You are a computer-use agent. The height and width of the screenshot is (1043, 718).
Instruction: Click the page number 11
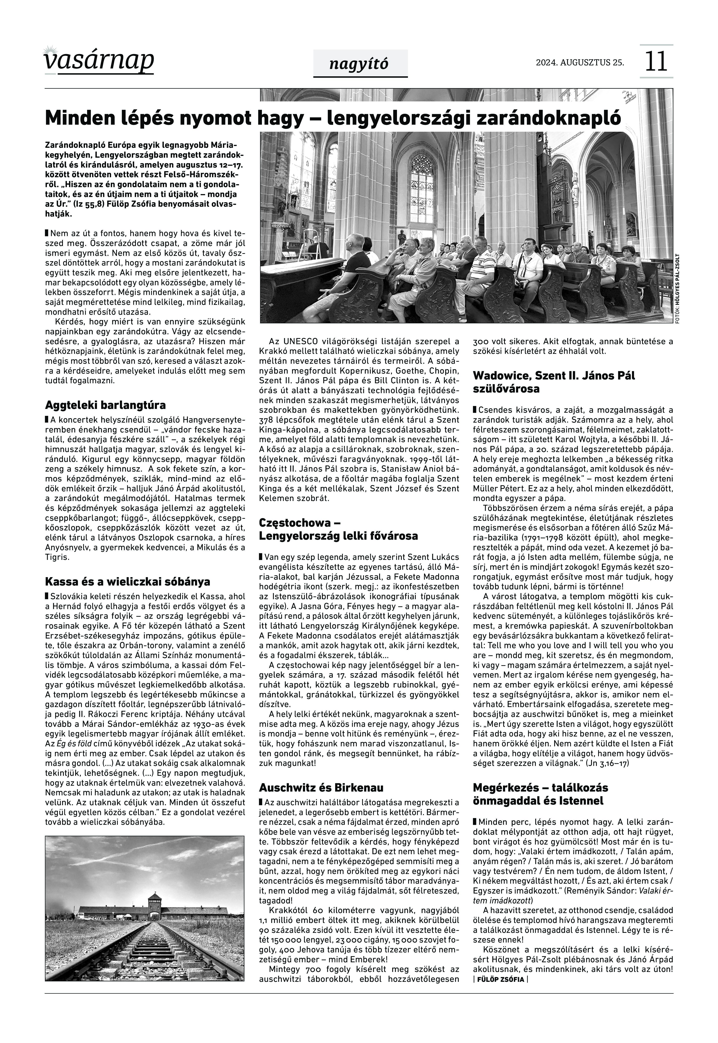tap(656, 62)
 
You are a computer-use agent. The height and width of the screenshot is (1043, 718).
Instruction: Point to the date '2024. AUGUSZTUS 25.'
tap(580, 62)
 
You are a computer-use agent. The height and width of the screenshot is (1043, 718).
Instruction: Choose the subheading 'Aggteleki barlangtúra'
tap(105, 405)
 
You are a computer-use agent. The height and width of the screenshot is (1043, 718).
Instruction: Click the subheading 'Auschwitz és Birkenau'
tap(321, 788)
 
